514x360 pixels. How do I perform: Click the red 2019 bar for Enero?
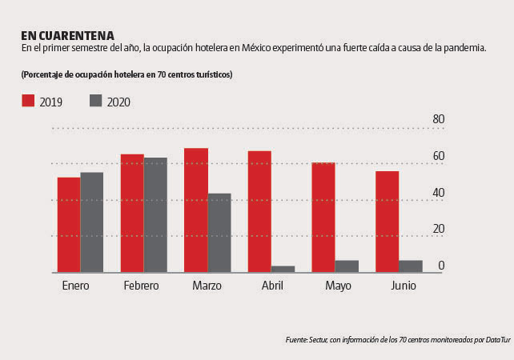pos(69,225)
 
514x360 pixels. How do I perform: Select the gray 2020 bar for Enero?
pos(92,222)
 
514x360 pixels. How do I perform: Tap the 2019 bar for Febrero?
pos(132,214)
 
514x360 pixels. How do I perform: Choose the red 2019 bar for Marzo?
pos(196,210)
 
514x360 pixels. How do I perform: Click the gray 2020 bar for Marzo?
pos(219,233)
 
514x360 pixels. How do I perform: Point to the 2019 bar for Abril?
pos(259,212)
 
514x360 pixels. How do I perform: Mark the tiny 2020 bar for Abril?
pos(283,269)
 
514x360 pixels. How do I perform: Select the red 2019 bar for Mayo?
pos(323,218)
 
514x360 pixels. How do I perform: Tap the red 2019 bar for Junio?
pos(387,222)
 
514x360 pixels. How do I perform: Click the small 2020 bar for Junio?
pos(411,266)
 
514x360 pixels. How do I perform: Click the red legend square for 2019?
pos(28,101)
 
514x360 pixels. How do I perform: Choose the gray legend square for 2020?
pos(96,101)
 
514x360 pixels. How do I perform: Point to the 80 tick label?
pos(438,119)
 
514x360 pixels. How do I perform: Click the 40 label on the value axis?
pos(438,193)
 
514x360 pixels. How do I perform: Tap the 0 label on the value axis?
pos(441,266)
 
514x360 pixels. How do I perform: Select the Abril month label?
pos(272,286)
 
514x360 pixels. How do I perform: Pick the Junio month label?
pos(404,286)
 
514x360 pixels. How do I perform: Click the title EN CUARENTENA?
pos(67,35)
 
